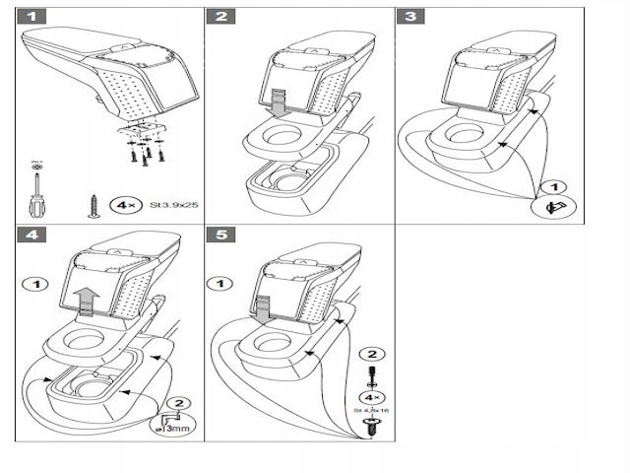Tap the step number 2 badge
[x=220, y=17]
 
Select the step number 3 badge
[x=409, y=17]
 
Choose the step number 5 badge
[x=220, y=237]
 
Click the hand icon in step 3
[x=551, y=208]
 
